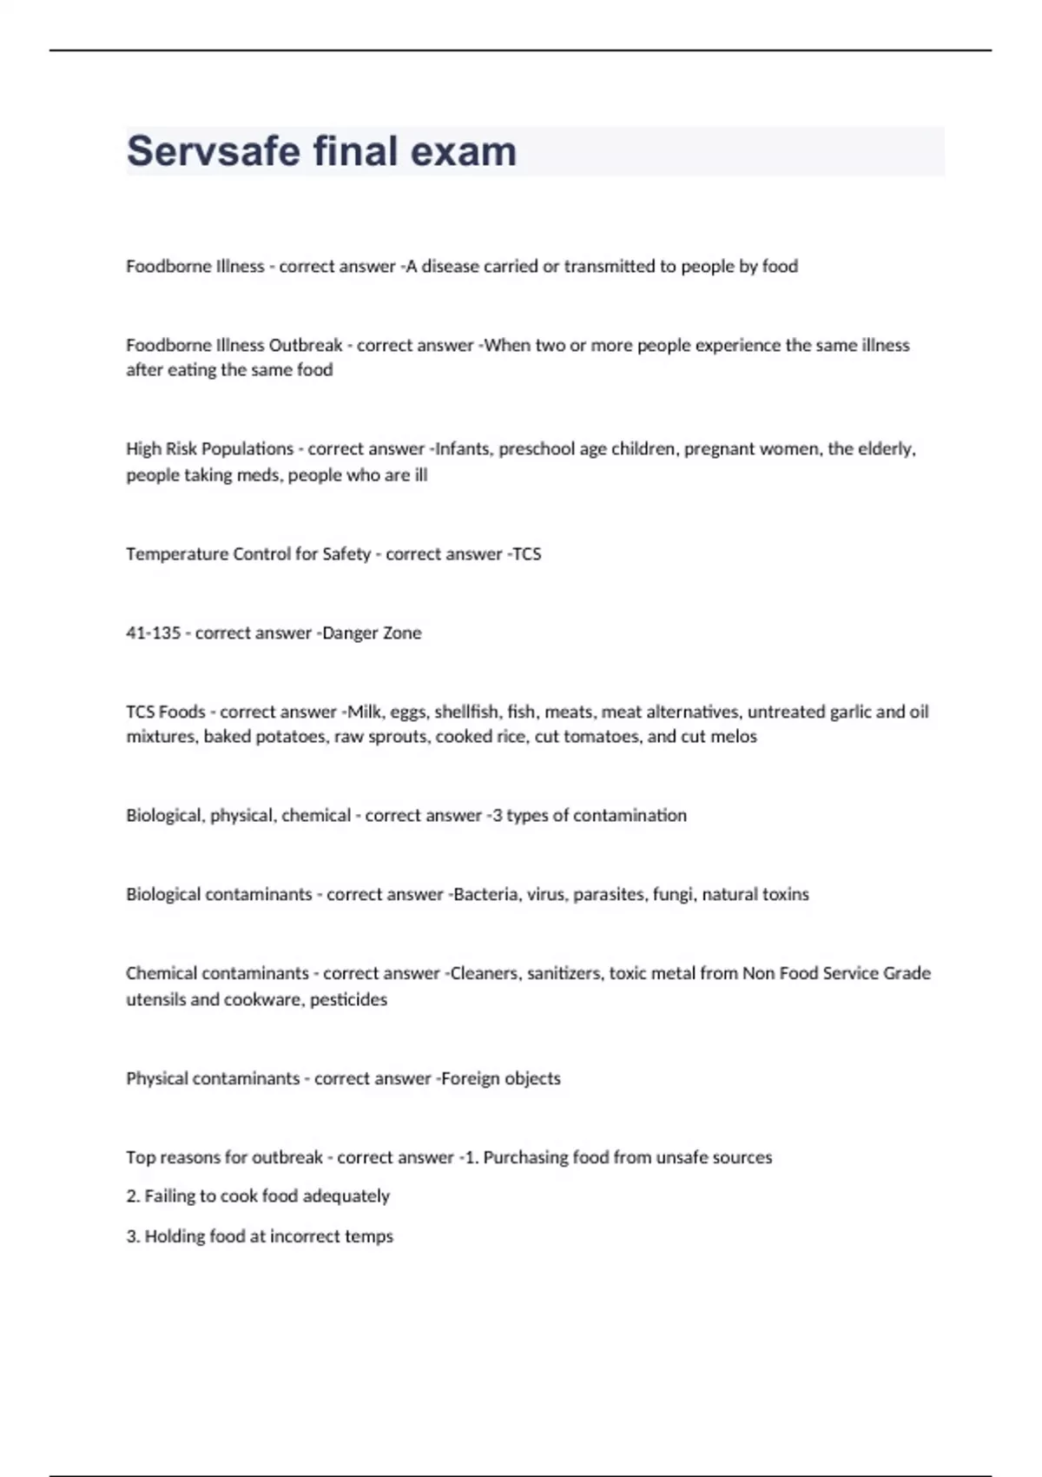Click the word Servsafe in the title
point(213,151)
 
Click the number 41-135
point(153,633)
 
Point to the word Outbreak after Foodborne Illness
point(306,345)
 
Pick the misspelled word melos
point(734,737)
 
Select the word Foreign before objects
point(470,1078)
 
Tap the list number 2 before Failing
point(132,1196)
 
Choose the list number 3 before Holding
point(132,1236)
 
